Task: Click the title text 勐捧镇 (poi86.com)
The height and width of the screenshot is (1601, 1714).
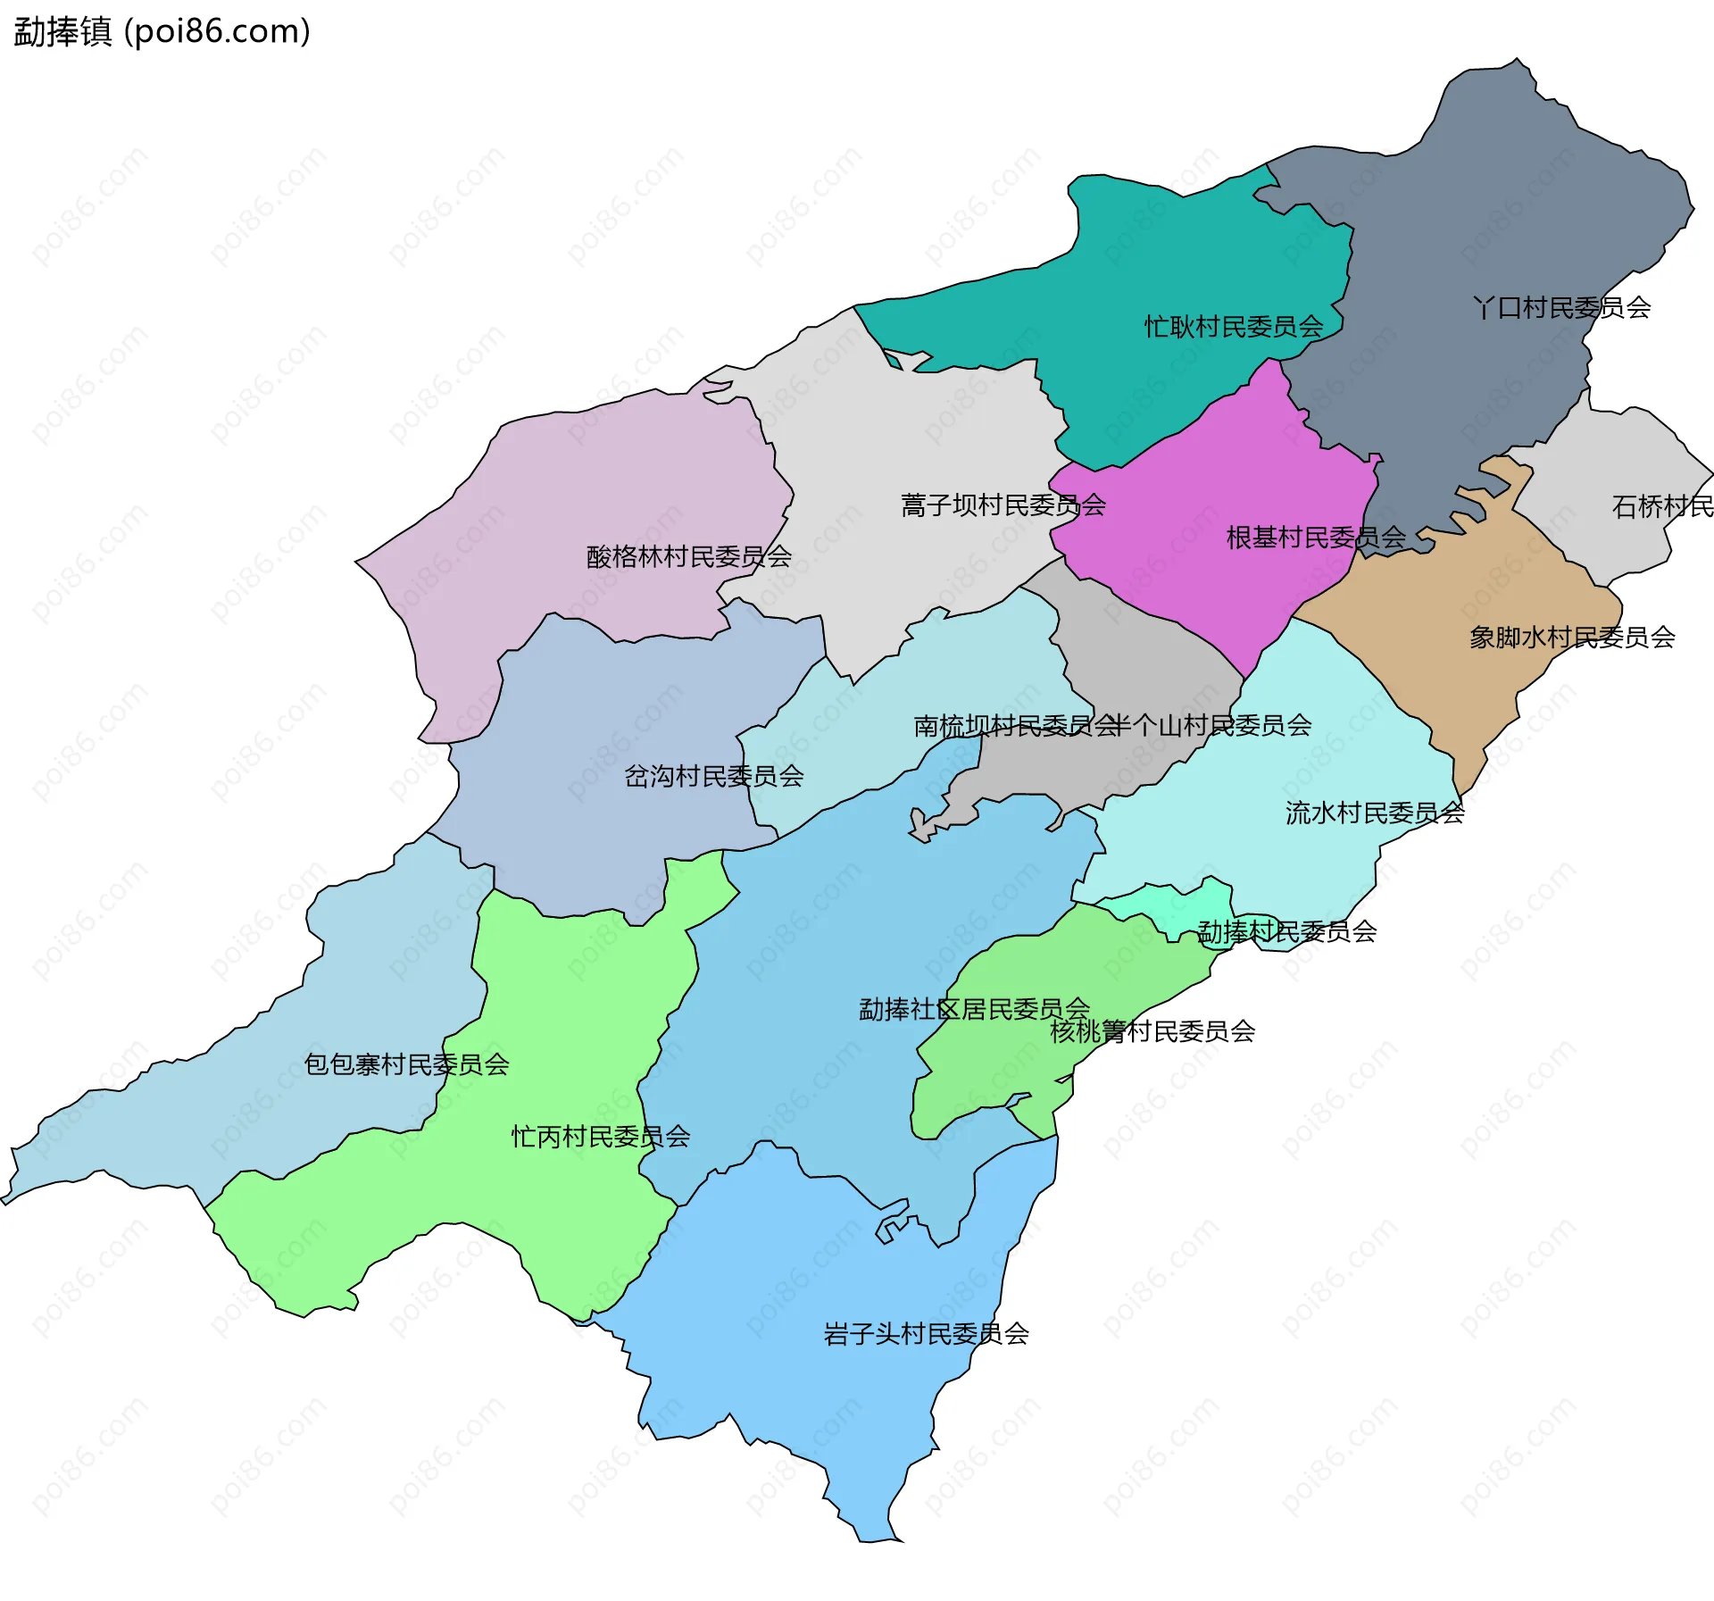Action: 162,31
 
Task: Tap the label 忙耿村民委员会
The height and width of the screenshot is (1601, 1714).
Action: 1234,327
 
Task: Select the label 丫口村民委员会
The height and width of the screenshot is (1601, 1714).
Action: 1561,308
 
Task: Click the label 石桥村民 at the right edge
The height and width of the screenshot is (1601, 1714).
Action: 1662,507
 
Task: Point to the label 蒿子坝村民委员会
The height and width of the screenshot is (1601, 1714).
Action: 1003,505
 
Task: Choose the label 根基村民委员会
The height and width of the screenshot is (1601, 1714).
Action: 1316,538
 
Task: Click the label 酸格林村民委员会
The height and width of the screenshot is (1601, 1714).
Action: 688,557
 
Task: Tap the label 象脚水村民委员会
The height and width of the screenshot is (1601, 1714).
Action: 1572,638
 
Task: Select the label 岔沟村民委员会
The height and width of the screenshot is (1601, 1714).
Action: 713,777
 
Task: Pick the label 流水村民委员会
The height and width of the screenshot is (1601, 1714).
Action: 1375,813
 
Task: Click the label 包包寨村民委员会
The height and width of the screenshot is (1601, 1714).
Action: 406,1064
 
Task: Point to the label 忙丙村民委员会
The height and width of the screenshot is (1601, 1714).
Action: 600,1137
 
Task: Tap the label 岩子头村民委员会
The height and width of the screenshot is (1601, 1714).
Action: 926,1334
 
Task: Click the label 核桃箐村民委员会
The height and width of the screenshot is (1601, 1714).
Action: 1152,1032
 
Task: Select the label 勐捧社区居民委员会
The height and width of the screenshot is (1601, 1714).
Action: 974,1010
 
